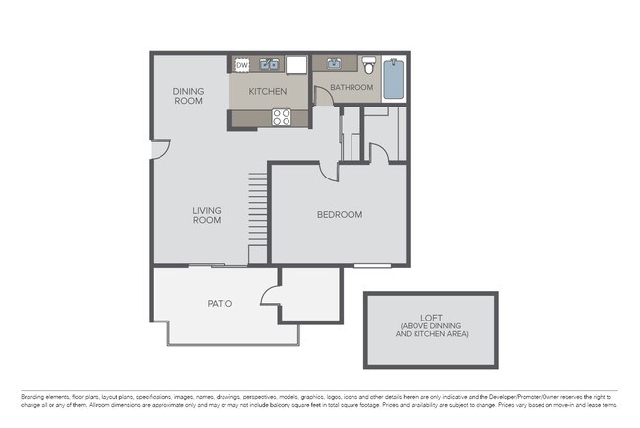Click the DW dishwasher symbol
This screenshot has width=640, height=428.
click(x=242, y=66)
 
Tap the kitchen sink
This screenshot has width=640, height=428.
click(x=267, y=66)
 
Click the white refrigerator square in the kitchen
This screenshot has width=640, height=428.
click(x=297, y=65)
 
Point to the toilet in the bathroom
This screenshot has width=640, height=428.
click(x=369, y=67)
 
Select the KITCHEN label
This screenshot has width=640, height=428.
click(x=267, y=92)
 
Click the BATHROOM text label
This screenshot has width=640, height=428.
click(x=352, y=88)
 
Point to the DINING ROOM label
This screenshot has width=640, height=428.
click(x=188, y=96)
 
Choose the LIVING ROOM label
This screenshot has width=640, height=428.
click(x=207, y=215)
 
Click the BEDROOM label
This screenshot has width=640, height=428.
click(x=339, y=215)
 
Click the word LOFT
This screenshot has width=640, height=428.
click(x=431, y=316)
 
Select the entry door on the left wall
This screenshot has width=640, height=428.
click(x=160, y=147)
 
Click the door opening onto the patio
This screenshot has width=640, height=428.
click(x=270, y=295)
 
